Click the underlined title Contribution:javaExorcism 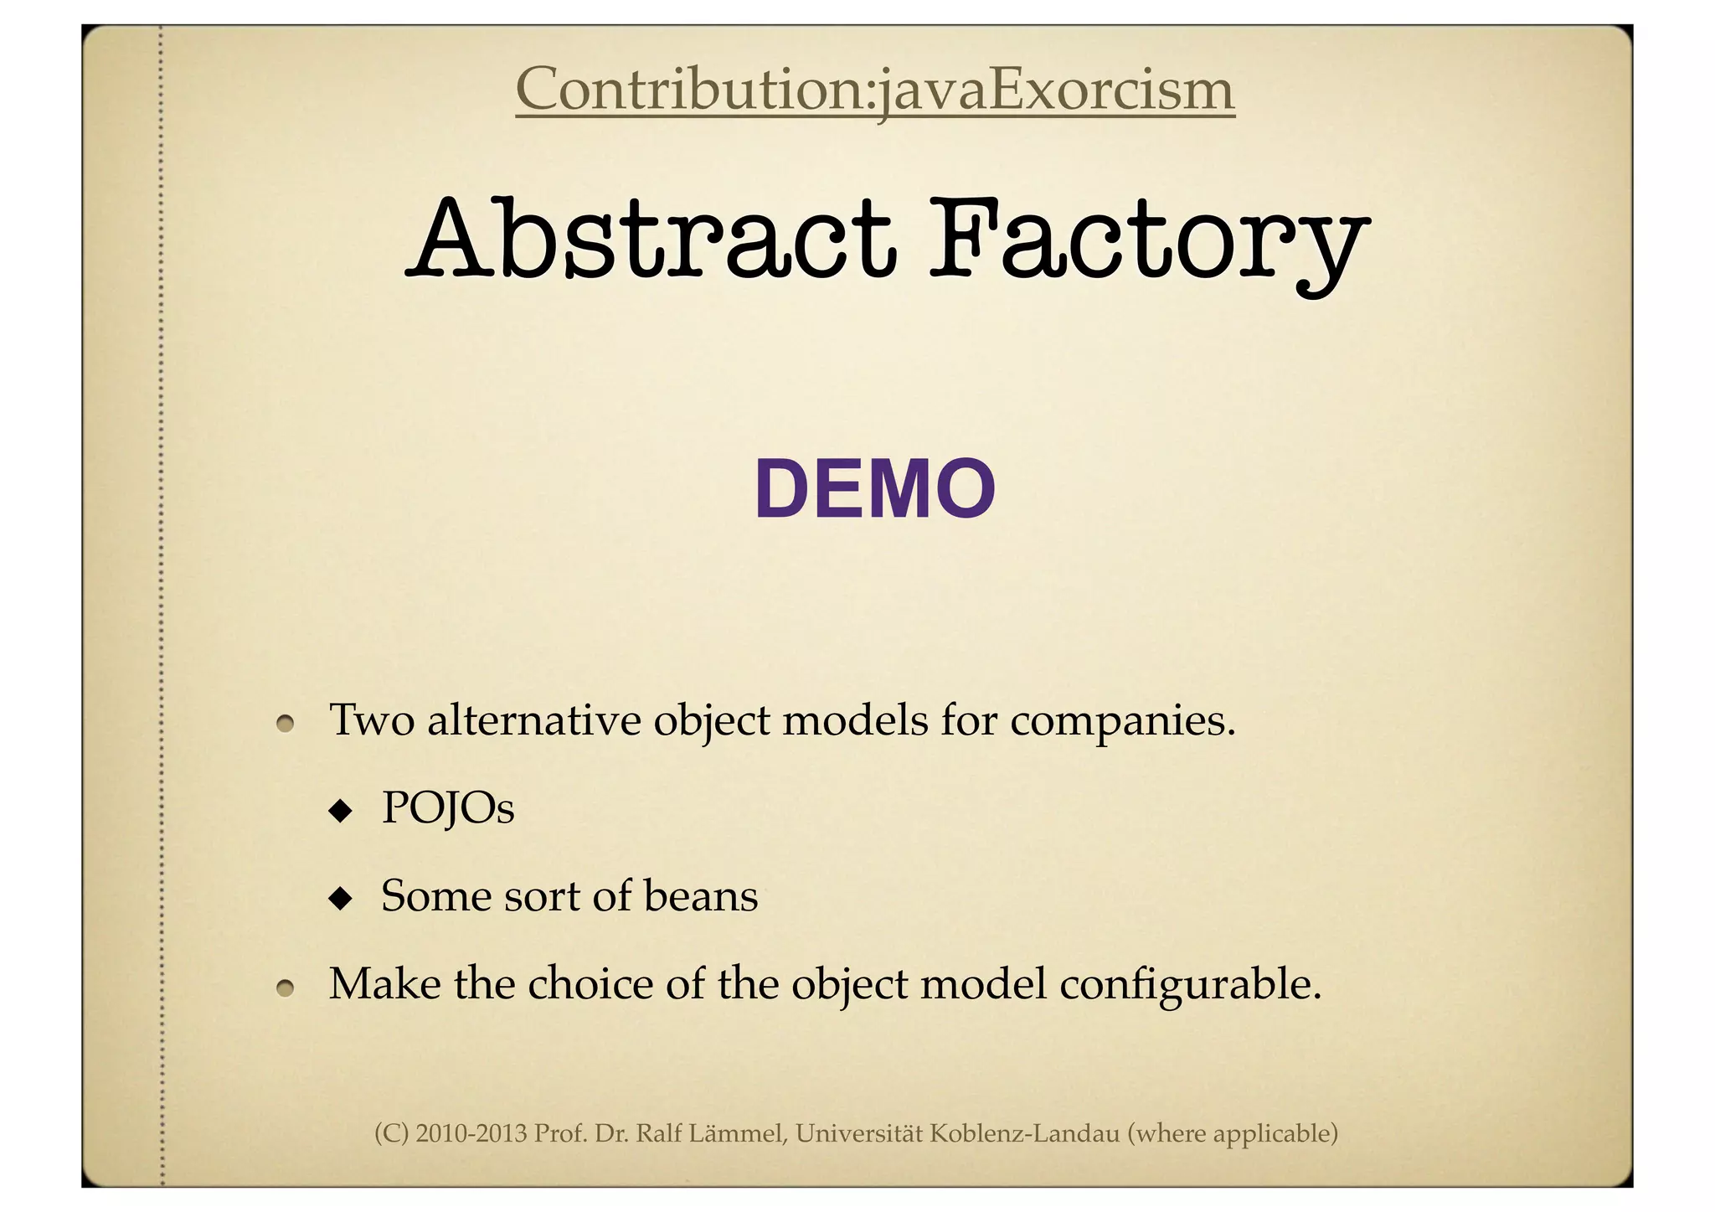tap(874, 90)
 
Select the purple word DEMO tap(875, 490)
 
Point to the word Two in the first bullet tap(372, 720)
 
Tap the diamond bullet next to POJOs tap(340, 810)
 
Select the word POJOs tap(448, 809)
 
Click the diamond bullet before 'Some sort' tap(340, 899)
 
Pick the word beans tap(701, 896)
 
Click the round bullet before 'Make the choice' tap(286, 988)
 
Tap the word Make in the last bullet tap(384, 984)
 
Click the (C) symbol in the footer tap(391, 1134)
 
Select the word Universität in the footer tap(859, 1134)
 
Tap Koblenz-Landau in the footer tap(1025, 1134)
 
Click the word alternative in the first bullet tap(533, 720)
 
